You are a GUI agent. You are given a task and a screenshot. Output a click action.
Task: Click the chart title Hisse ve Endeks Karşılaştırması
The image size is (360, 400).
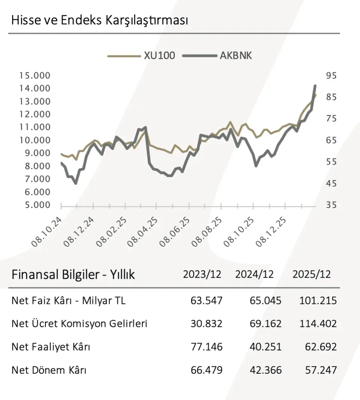coord(99,20)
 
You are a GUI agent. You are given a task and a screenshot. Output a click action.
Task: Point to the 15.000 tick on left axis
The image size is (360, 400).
coord(34,76)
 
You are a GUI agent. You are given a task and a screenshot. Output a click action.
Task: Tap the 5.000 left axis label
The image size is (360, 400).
coord(34,205)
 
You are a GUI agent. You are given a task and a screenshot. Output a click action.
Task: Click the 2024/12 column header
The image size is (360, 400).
coord(254,274)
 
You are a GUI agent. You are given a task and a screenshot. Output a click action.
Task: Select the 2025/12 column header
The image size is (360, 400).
coord(312,274)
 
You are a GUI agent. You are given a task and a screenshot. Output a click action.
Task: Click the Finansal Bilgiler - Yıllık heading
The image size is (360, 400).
coord(73,275)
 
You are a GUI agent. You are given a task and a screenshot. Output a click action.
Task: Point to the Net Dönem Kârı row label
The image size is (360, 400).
coord(49,370)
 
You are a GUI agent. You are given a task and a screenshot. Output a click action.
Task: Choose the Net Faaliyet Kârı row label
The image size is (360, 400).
coord(51,347)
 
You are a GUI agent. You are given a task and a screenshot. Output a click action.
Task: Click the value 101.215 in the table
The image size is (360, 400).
coord(318,301)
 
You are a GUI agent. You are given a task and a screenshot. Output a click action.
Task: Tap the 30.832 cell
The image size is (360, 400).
coord(206,323)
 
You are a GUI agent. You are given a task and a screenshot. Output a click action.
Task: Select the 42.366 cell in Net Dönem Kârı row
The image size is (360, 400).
coord(265,370)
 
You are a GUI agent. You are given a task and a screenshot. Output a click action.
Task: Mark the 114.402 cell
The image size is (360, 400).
coord(318,323)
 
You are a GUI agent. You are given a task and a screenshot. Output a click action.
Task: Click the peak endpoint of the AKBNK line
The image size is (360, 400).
coord(315,86)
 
